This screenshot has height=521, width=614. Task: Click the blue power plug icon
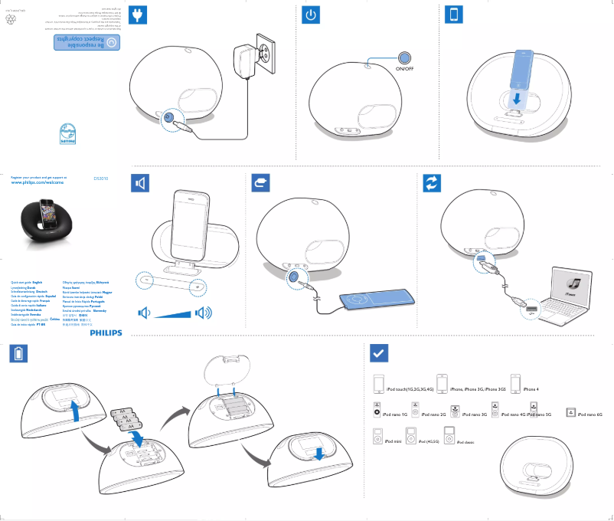click(x=138, y=15)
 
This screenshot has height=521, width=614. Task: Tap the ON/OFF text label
click(x=404, y=69)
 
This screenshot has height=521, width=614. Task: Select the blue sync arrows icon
click(x=433, y=183)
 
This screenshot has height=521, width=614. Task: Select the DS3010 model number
click(x=101, y=178)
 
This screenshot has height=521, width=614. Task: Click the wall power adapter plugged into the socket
click(x=248, y=59)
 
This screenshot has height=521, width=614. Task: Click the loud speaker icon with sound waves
click(x=204, y=313)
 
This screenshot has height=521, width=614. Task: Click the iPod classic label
click(x=465, y=443)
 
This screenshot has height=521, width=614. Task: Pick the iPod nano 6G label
click(x=590, y=414)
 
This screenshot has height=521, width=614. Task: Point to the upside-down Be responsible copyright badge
click(x=80, y=41)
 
